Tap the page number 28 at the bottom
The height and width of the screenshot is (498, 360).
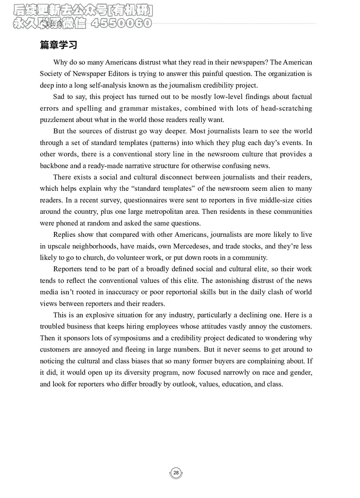(x=176, y=473)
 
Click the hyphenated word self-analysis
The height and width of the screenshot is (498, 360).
(x=105, y=85)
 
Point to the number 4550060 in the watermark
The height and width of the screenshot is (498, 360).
(x=121, y=23)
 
